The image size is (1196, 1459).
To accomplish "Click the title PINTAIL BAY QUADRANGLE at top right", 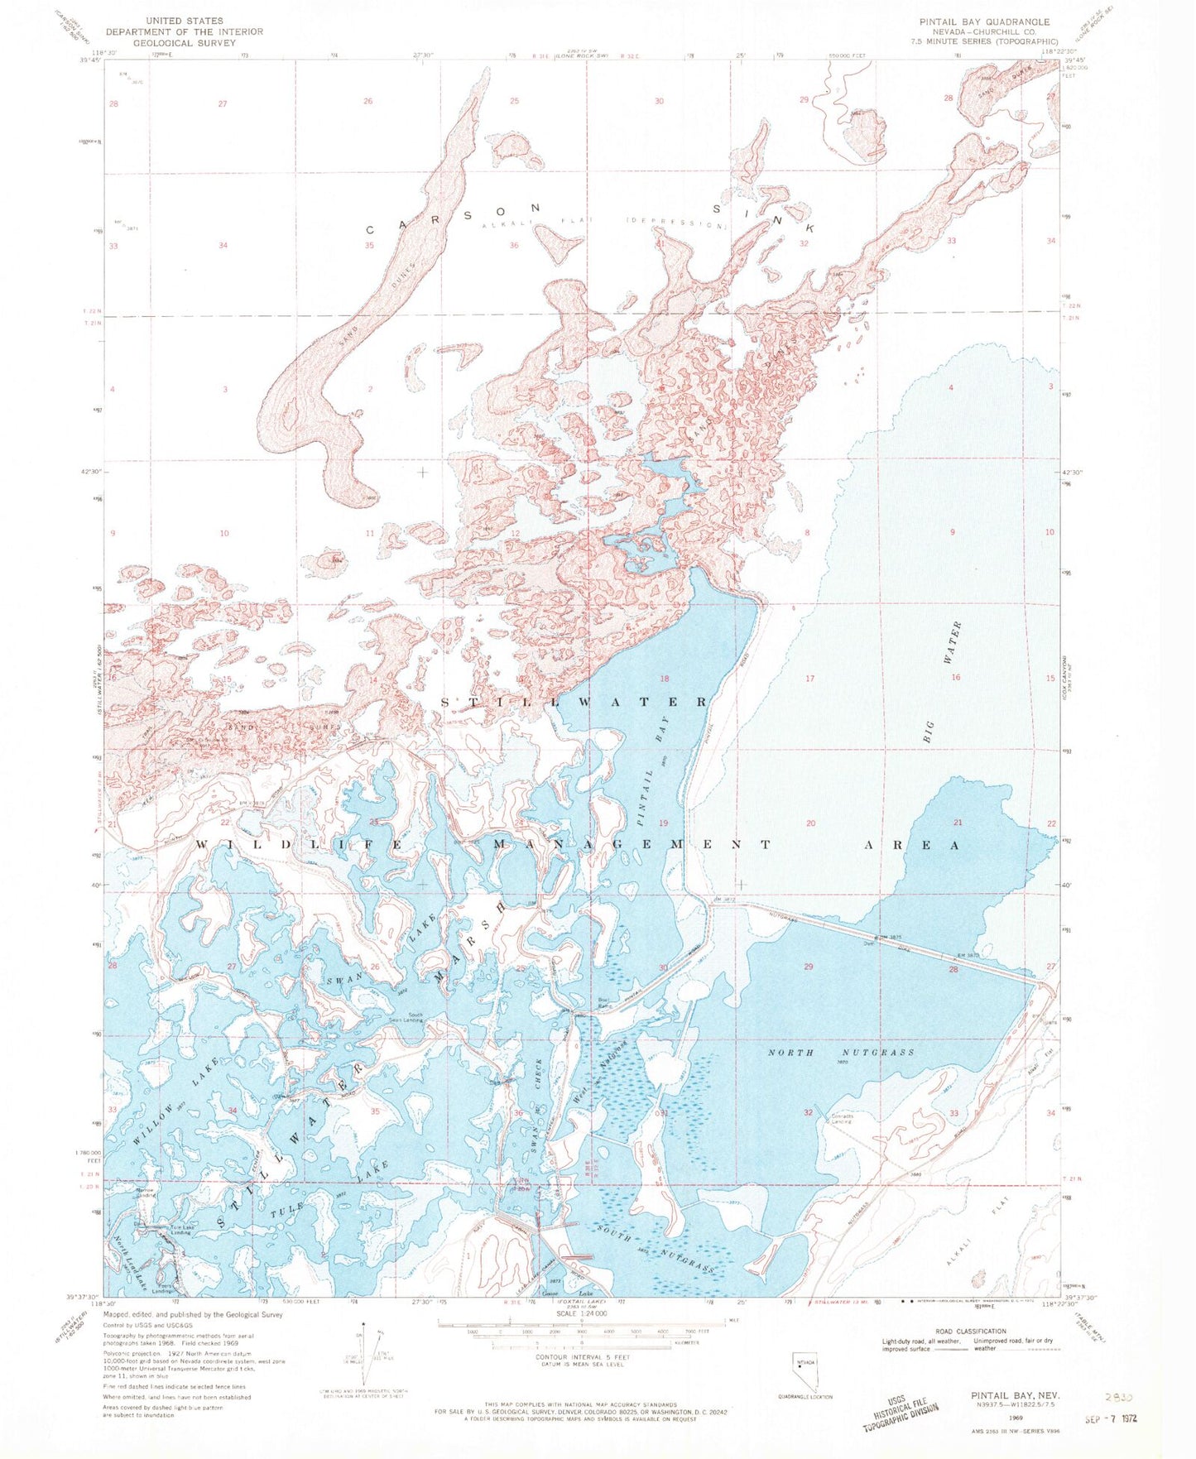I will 983,22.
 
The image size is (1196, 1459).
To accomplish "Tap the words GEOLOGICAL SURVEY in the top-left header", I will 184,42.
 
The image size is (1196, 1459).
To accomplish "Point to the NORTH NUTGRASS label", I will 841,1053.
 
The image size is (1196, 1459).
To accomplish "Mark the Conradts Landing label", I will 841,1119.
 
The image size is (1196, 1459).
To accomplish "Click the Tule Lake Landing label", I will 180,1231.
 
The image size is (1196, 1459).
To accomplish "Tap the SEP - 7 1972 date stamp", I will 1111,1417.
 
